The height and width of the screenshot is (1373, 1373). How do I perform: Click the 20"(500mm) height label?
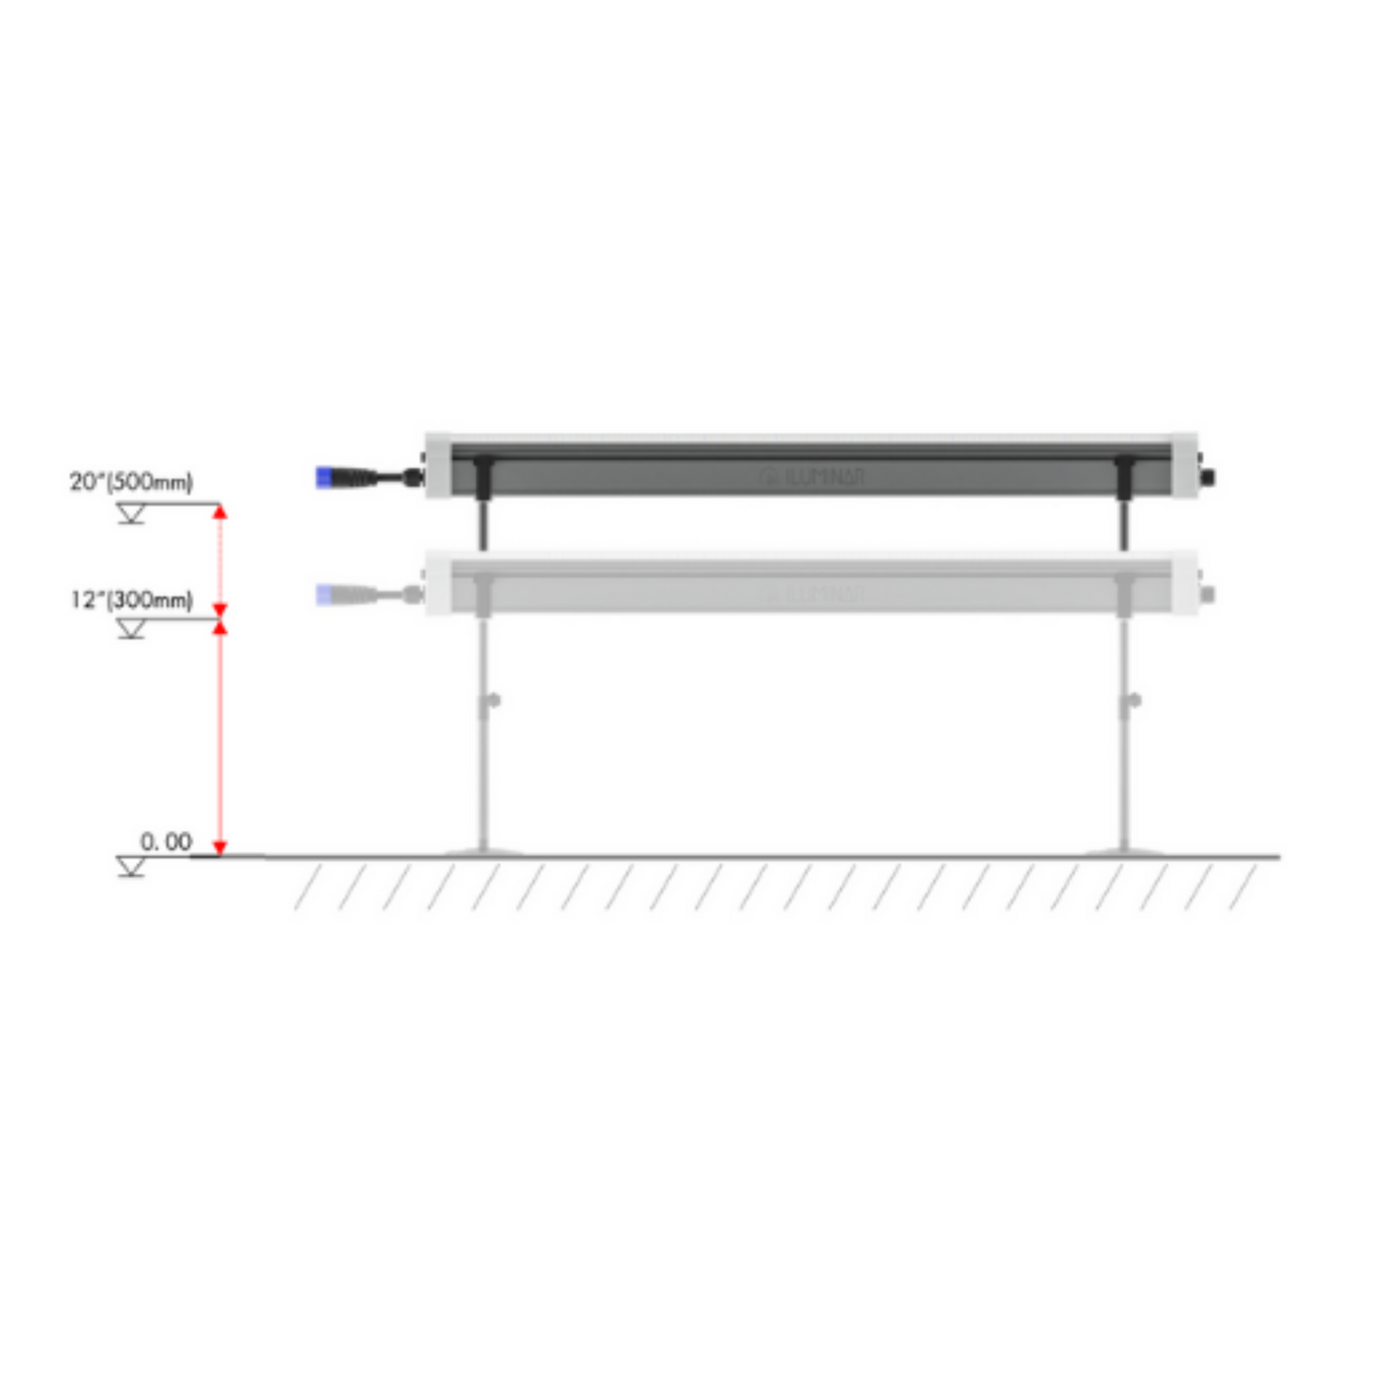click(131, 482)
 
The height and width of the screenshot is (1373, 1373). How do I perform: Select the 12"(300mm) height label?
click(131, 600)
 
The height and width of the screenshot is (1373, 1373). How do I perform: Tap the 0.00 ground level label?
click(165, 842)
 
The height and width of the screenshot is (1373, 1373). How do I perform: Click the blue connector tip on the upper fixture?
click(324, 477)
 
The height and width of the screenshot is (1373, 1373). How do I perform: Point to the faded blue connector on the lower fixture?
click(324, 595)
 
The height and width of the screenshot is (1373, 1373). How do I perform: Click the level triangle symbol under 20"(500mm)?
click(131, 514)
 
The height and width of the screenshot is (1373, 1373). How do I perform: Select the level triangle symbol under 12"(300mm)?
click(131, 629)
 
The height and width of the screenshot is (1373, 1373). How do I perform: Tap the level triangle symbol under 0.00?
click(131, 866)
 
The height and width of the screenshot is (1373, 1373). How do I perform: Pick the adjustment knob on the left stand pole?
click(492, 701)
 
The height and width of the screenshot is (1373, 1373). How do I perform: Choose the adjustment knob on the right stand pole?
click(1134, 701)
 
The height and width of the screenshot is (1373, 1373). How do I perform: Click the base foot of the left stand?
click(484, 850)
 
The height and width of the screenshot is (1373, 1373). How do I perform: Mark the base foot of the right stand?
click(1125, 850)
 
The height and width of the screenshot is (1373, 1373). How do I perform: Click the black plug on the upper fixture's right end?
click(1209, 477)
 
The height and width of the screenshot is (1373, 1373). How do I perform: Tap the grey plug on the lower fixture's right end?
click(1209, 595)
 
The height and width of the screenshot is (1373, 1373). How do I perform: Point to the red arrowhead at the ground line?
click(219, 847)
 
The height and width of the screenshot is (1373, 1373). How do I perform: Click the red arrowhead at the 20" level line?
click(219, 513)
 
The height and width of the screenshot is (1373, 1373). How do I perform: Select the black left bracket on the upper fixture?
click(483, 475)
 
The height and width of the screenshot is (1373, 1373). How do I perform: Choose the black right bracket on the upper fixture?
click(1125, 475)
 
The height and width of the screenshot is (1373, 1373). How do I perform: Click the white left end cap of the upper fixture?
click(438, 466)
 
